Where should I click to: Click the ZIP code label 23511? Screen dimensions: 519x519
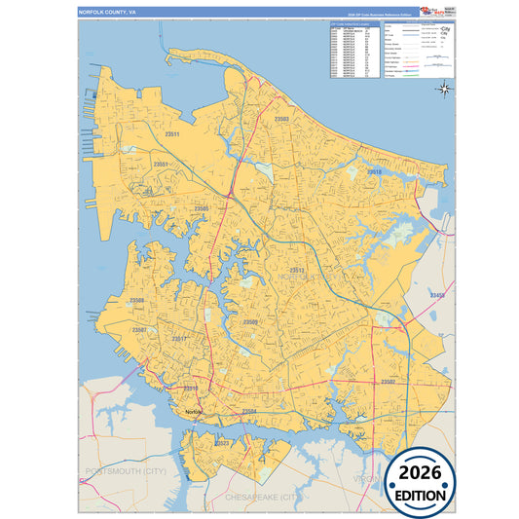[x=172, y=133]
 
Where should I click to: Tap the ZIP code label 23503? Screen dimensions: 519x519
[x=282, y=118]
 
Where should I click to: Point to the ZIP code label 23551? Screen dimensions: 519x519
[x=162, y=165]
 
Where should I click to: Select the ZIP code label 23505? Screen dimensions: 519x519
[x=202, y=208]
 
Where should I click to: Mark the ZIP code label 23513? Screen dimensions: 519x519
[x=298, y=270]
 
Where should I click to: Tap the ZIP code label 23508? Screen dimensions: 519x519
[x=137, y=301]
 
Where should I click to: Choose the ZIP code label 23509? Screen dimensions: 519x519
[x=251, y=321]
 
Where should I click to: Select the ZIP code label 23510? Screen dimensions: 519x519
[x=191, y=388]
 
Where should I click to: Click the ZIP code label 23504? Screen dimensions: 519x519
[x=249, y=411]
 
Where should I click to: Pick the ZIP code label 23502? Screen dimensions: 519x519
[x=389, y=382]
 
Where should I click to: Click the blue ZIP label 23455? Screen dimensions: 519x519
[x=437, y=294]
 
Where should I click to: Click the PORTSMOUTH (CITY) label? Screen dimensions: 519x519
[x=122, y=470]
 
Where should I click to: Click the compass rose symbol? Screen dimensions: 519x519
[x=443, y=90]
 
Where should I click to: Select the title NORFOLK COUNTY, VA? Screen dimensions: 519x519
[x=108, y=12]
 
